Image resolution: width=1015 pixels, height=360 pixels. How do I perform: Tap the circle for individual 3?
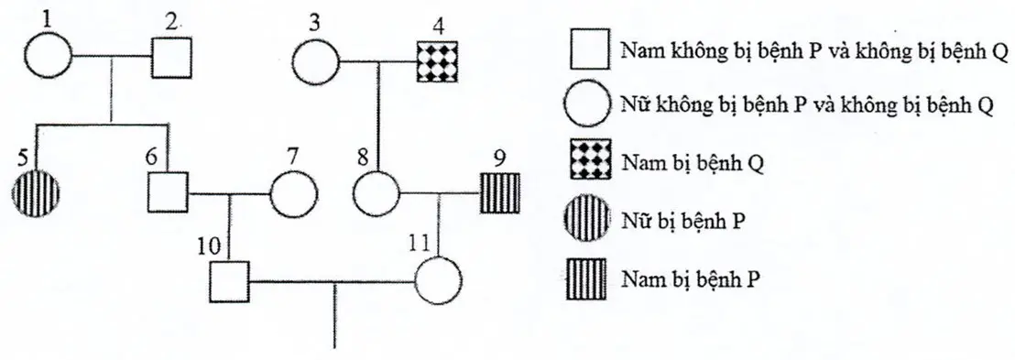315,63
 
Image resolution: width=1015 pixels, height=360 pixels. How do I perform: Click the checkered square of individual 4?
436,61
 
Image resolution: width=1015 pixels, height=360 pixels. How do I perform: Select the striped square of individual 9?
499,192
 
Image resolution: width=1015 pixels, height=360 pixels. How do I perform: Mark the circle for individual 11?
438,280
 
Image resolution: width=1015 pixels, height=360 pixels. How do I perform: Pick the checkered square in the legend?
587,162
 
